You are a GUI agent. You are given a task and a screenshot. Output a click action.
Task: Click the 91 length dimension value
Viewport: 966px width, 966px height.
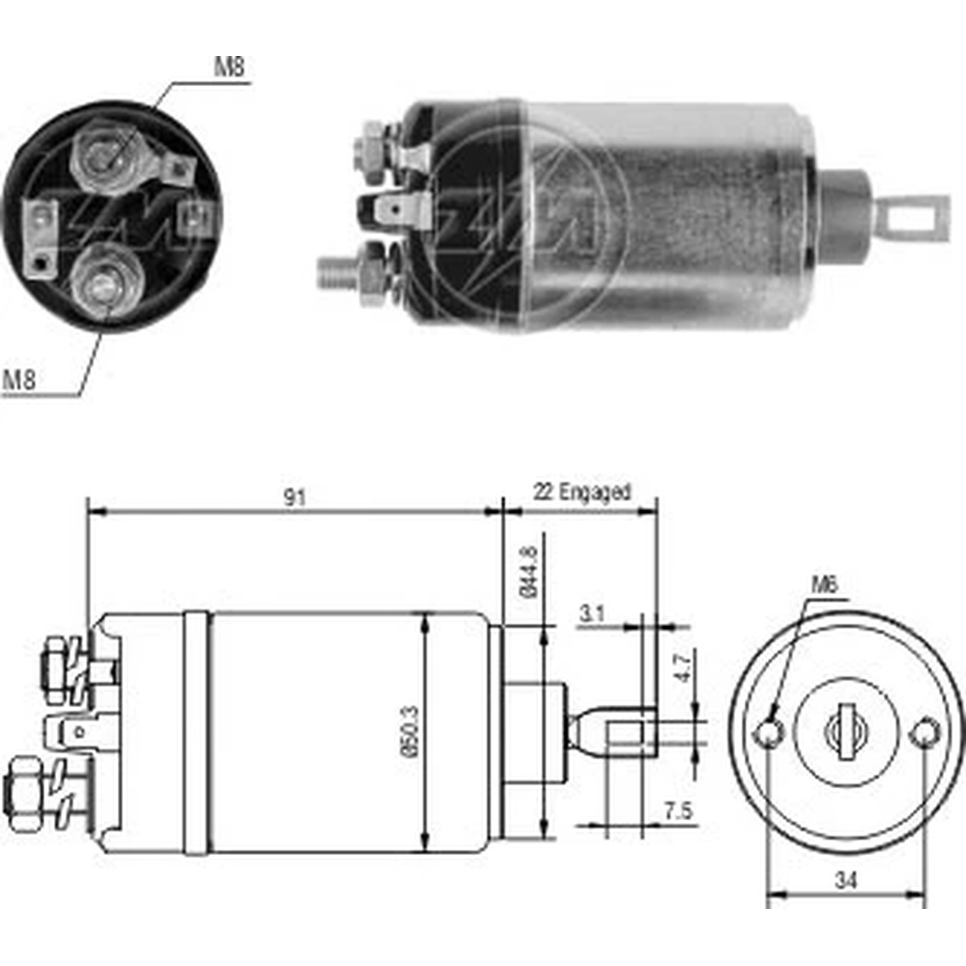coord(295,497)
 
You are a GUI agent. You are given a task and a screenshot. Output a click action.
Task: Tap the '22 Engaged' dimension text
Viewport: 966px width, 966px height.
coord(582,493)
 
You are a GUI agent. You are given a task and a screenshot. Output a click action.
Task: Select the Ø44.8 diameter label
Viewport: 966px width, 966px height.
coord(529,572)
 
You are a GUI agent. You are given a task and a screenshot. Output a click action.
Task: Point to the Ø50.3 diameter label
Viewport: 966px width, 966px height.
coord(410,731)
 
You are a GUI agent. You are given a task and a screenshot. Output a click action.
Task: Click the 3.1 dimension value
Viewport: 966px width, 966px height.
coord(592,613)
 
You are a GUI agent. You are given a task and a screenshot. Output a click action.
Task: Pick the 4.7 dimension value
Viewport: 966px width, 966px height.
coord(685,668)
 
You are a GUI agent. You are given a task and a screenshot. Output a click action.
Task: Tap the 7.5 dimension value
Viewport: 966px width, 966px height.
coord(678,810)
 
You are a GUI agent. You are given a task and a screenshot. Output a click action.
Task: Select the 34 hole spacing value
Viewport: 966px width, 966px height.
coord(846,881)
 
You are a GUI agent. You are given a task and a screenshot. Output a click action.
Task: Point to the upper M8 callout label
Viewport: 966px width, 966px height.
coord(229,67)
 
